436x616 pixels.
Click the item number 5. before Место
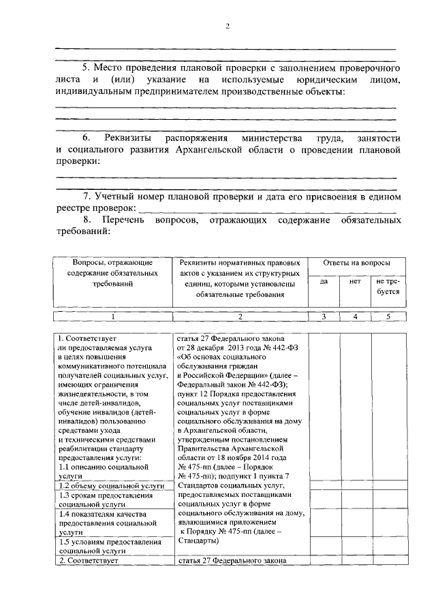86,69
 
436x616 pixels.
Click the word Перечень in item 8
126,221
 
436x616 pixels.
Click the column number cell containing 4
354,317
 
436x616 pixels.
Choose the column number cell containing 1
113,317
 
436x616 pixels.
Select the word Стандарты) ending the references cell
198,541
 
